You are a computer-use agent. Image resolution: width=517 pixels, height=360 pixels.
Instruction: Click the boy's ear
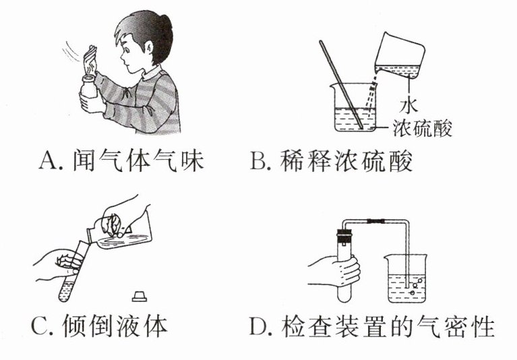tap(149, 49)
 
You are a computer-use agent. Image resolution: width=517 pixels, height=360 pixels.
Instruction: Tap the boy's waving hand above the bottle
tap(90, 61)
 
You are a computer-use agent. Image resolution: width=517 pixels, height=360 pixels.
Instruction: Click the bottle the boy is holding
tap(89, 87)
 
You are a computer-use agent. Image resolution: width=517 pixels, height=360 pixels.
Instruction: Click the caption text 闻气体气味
tap(138, 160)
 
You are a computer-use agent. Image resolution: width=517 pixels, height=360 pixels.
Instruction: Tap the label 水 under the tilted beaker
tap(408, 104)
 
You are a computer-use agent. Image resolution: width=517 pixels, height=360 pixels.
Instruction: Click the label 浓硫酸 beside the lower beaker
tap(423, 128)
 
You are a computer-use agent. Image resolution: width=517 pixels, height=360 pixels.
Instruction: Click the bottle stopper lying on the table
tap(140, 296)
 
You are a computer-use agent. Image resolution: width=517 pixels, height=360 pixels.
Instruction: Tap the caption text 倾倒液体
tap(115, 326)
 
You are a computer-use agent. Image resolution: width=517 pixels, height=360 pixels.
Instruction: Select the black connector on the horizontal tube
tap(377, 222)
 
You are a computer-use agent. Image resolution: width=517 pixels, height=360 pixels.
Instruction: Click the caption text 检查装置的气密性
tap(388, 326)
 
